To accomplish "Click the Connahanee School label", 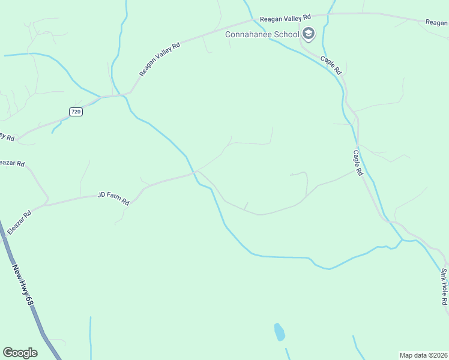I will (x=262, y=34).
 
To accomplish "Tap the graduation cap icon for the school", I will (x=309, y=34).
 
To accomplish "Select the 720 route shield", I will (x=76, y=112).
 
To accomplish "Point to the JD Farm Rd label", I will (x=113, y=199).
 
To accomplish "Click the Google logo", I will (x=20, y=353).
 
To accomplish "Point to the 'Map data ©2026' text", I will (x=424, y=355).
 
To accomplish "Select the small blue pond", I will (x=279, y=332).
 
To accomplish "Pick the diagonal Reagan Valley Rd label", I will (x=160, y=59).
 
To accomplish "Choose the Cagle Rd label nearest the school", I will (x=331, y=64).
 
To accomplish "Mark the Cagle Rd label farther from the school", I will (x=358, y=163).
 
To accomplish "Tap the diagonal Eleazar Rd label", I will (x=19, y=222).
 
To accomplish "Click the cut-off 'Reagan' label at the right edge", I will (x=436, y=22).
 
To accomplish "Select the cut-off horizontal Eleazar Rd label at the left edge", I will (x=12, y=163).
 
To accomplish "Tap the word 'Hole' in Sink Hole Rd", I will (x=445, y=287).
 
